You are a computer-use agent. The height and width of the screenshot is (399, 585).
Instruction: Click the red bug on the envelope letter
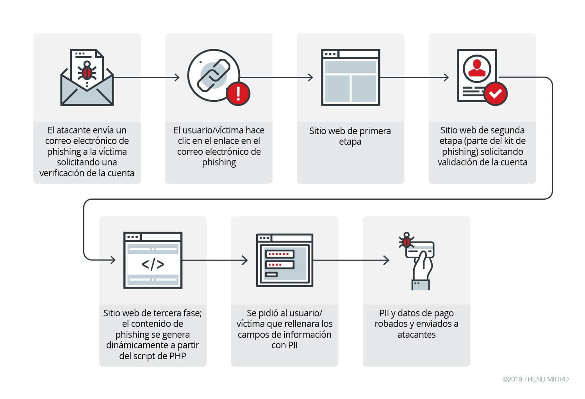87,72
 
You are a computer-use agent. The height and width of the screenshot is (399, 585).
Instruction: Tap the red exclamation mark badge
238,94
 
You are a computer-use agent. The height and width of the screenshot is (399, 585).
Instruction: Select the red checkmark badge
495,94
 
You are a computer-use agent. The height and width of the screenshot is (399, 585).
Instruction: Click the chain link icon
214,74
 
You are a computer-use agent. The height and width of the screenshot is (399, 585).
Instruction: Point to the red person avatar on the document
476,67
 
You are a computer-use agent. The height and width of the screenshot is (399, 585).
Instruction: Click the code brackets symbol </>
153,264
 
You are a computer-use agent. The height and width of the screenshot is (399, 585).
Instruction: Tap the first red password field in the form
279,254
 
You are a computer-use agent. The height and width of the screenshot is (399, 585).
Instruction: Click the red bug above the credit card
406,241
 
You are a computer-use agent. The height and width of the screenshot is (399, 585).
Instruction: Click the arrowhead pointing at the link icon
177,77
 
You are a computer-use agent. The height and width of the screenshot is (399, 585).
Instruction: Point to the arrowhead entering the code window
113,260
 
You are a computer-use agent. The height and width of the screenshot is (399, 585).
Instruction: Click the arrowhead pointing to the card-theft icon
386,260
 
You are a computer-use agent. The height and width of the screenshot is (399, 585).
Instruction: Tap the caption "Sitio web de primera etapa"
350,136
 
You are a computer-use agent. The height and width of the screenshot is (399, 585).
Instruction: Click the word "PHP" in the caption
177,356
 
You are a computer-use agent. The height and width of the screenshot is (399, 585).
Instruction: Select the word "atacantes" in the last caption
416,335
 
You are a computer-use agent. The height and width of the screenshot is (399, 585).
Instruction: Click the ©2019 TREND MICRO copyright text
535,379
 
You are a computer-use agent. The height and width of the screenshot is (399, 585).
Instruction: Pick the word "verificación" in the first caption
63,173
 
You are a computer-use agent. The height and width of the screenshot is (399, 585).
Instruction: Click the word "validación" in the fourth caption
459,162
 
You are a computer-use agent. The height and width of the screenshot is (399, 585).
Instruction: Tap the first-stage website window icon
350,77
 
